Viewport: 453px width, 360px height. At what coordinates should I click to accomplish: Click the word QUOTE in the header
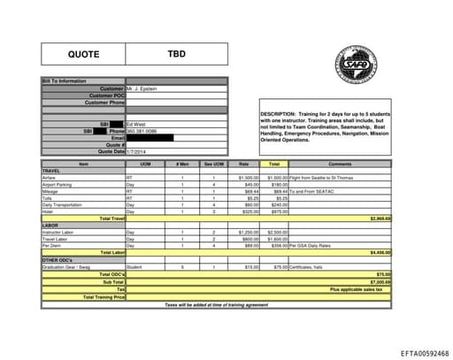pos(85,55)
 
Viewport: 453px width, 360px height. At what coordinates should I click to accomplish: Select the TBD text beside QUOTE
pos(177,55)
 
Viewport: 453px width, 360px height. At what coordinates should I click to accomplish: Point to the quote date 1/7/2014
pos(134,151)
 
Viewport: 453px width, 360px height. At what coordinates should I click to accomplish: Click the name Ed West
pos(135,125)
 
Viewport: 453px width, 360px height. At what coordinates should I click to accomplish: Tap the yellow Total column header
pos(274,165)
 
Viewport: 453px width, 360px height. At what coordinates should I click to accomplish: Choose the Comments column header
pos(340,165)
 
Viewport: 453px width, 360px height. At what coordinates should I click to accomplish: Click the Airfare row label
pos(50,177)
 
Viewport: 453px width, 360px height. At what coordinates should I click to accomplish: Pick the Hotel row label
pos(48,211)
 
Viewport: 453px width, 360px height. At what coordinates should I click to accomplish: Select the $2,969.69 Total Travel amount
pos(380,218)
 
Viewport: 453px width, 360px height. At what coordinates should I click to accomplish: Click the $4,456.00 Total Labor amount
pos(380,252)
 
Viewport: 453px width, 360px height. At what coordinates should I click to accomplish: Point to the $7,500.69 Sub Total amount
pos(380,281)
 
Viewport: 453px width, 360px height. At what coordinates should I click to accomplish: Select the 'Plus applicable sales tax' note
pos(357,289)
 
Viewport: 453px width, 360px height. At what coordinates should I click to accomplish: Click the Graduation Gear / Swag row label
pos(66,265)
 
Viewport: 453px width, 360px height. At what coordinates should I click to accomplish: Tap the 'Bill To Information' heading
pos(65,81)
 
